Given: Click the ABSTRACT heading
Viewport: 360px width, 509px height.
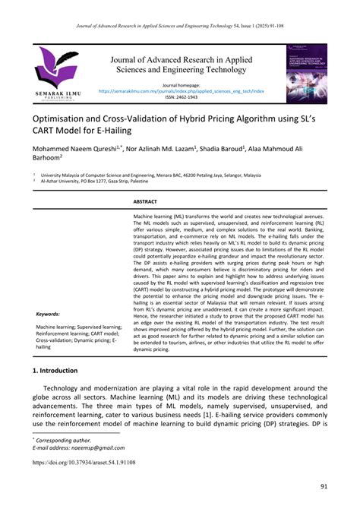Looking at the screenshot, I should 144,203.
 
